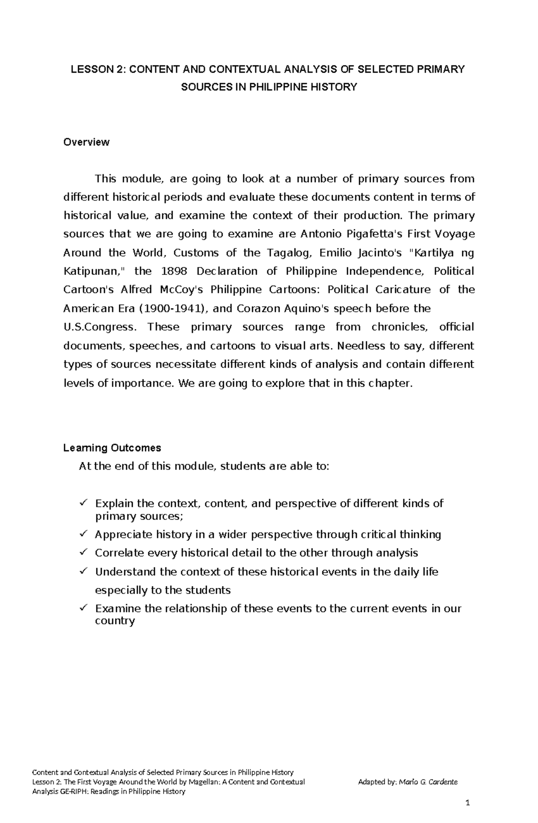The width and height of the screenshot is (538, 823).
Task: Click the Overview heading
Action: [x=86, y=142]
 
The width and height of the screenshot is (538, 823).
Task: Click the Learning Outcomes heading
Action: [x=112, y=448]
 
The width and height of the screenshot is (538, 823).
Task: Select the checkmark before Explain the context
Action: [x=83, y=503]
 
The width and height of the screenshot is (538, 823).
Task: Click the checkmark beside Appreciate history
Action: [x=83, y=534]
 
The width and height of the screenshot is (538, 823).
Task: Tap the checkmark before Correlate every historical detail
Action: [x=83, y=552]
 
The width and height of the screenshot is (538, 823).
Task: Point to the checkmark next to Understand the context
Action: [x=83, y=571]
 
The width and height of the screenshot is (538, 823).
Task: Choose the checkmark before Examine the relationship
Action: [x=83, y=608]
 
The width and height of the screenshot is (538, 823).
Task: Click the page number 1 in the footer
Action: [x=467, y=803]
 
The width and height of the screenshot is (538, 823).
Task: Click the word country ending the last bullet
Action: [x=115, y=621]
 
